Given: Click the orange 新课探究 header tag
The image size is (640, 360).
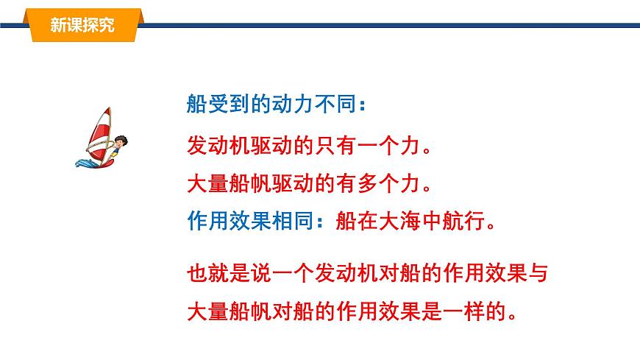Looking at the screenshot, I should pyautogui.click(x=82, y=25).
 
